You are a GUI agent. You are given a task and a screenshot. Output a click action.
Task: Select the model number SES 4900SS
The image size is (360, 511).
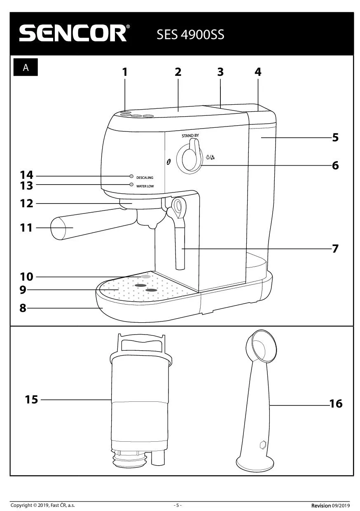(190, 35)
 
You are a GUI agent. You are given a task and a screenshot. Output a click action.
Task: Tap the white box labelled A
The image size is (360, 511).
(26, 68)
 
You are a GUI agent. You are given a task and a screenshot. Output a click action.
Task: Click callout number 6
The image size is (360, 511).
(335, 165)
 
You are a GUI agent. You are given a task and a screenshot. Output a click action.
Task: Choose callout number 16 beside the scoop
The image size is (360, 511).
(336, 404)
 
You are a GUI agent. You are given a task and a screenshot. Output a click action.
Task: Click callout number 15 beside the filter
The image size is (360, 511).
(31, 399)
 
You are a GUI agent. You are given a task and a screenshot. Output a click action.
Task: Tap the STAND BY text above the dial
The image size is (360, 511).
(190, 136)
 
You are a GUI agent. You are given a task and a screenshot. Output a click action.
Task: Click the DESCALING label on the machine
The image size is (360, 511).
(145, 178)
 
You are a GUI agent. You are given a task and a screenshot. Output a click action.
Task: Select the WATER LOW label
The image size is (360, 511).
(145, 186)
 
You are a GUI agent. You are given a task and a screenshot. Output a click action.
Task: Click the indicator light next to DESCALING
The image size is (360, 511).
(131, 176)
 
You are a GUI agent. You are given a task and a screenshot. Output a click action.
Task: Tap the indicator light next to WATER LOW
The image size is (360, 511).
(131, 184)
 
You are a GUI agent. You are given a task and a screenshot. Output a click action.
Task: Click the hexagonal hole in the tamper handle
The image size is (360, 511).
(262, 445)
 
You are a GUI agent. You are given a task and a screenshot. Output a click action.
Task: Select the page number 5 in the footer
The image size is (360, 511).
(178, 505)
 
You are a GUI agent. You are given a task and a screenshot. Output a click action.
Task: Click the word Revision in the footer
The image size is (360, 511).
(320, 505)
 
